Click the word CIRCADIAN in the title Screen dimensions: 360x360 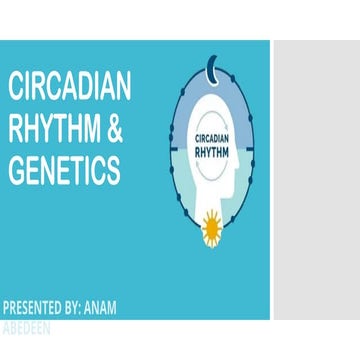[x=69, y=88]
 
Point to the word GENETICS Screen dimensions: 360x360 [x=64, y=171]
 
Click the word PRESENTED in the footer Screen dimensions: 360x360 [x=36, y=307]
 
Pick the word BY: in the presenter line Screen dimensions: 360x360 [x=84, y=307]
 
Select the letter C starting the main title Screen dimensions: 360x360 [x=16, y=88]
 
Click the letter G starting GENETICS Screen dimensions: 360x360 [x=16, y=171]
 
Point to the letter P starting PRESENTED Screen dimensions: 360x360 [x=7, y=307]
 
